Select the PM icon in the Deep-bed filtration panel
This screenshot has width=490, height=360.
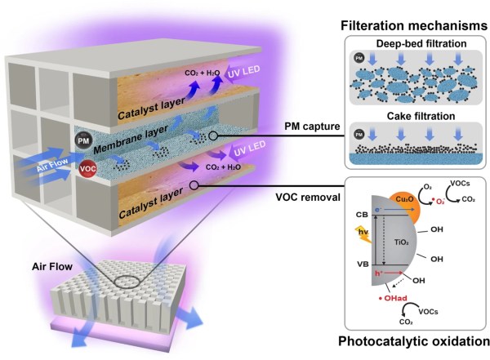357,59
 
